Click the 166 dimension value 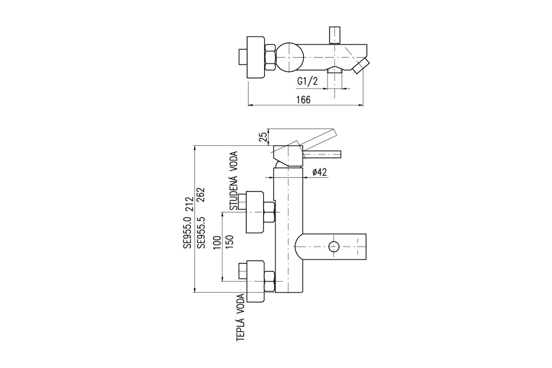click(303, 99)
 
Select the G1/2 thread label click(308, 81)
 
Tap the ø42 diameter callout click(320, 172)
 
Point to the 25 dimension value click(264, 137)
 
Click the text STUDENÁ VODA click(234, 181)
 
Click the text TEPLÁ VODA click(241, 317)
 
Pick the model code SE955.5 click(201, 233)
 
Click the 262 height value click(201, 195)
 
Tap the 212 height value click(187, 204)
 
